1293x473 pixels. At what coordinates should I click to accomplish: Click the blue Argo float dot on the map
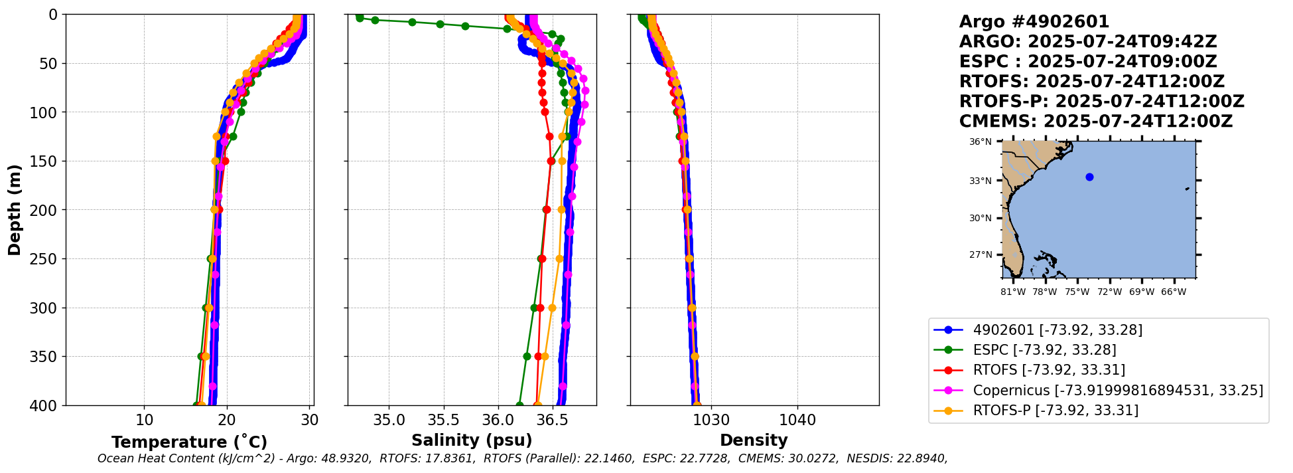point(1089,177)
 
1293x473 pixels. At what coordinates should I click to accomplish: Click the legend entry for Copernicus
point(1117,390)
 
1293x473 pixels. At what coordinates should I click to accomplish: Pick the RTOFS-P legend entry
point(1055,411)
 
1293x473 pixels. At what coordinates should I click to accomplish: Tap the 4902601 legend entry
point(1057,330)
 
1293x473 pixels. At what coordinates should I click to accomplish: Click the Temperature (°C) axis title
point(189,442)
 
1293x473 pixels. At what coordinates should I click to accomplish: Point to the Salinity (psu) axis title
point(472,440)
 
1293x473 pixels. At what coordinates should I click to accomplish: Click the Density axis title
point(754,440)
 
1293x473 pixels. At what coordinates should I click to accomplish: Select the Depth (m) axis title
point(15,210)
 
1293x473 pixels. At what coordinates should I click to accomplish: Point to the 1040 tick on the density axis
point(797,421)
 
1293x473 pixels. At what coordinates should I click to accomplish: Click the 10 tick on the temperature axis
point(144,421)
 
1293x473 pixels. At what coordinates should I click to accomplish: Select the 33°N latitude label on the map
point(981,181)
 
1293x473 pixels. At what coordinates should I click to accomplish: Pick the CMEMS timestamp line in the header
point(1095,122)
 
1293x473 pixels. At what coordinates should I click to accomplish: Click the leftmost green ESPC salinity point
point(359,17)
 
